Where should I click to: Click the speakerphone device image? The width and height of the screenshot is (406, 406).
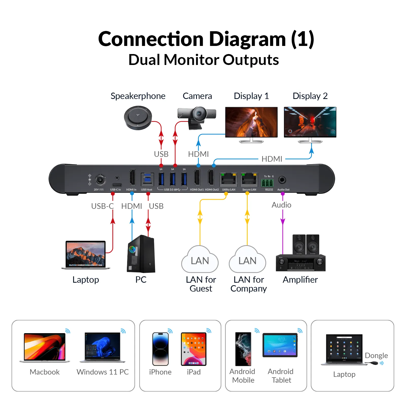[x=138, y=117]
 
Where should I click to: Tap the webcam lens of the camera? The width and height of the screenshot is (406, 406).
[x=200, y=113]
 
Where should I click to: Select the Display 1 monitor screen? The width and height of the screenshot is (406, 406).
[x=251, y=122]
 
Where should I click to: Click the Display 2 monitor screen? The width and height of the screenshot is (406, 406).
[x=310, y=122]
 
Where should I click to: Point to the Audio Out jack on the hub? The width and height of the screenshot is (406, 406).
[x=282, y=180]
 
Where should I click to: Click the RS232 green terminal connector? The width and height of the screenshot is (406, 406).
[x=267, y=182]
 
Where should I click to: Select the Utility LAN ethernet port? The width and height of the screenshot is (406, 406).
[x=229, y=179]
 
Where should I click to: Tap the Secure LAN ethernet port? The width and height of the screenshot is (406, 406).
[x=249, y=179]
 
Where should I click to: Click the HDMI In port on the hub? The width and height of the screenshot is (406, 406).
[x=132, y=178]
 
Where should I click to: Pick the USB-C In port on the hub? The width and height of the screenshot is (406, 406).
[x=117, y=185]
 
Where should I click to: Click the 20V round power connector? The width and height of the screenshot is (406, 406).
[x=100, y=180]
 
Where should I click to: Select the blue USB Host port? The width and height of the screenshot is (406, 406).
[x=147, y=179]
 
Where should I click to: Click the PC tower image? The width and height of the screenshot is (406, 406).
[x=141, y=254]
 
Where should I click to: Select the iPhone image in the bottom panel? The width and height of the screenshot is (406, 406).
[x=160, y=349]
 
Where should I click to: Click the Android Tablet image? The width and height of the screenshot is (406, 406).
[x=280, y=345]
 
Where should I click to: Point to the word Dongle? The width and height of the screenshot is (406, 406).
[x=376, y=355]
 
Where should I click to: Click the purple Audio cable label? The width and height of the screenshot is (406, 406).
[x=281, y=205]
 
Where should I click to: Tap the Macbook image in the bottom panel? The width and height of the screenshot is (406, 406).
[x=45, y=347]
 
